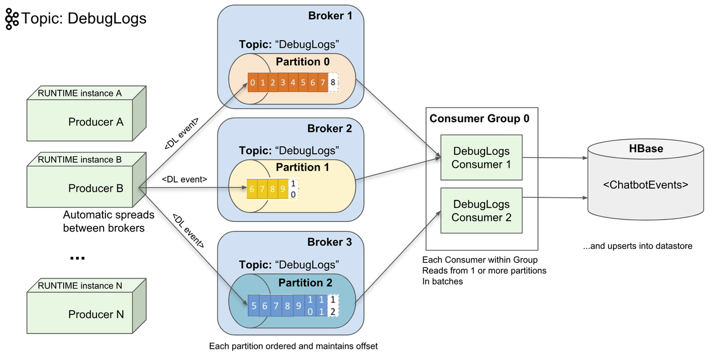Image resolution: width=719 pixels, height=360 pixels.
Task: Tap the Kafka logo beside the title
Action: click(12, 19)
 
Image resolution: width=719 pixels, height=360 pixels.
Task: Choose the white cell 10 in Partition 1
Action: click(292, 189)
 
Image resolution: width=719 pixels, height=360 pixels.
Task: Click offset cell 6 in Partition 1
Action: click(252, 189)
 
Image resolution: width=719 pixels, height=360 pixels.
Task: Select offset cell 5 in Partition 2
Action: click(254, 306)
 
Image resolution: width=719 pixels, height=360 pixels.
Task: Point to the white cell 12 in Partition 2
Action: click(333, 306)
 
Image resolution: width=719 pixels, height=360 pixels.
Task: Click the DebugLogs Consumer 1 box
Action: click(481, 158)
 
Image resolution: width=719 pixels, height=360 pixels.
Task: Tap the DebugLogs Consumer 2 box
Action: click(481, 211)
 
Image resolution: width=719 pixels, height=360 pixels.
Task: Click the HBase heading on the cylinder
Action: click(646, 149)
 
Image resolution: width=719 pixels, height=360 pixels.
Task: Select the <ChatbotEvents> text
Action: click(646, 184)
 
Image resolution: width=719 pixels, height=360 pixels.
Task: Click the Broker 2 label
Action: click(330, 128)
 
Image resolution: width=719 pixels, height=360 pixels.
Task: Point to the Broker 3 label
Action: click(330, 242)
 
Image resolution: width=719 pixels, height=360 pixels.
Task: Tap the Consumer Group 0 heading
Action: click(480, 119)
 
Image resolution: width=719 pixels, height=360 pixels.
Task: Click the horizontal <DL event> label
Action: click(184, 179)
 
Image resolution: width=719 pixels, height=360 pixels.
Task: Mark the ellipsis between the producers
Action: click(77, 257)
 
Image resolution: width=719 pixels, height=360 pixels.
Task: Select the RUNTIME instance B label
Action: click(79, 159)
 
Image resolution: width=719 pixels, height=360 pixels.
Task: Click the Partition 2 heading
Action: click(305, 283)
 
